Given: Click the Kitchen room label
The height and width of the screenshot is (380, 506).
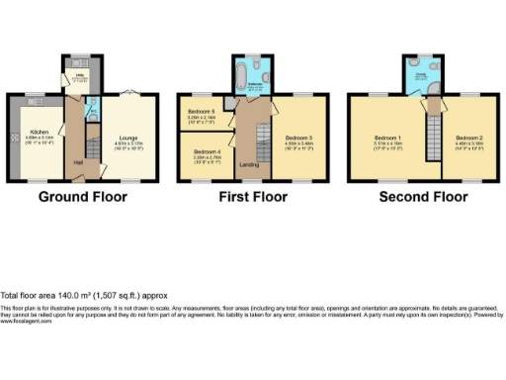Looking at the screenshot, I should click(x=40, y=133).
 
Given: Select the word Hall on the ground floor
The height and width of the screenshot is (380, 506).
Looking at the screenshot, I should click(x=77, y=162).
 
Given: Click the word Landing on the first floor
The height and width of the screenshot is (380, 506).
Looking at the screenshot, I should click(x=249, y=165).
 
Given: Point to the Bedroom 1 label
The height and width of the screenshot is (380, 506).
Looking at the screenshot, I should click(x=384, y=138).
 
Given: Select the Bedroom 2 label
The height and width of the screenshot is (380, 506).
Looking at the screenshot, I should click(x=468, y=138).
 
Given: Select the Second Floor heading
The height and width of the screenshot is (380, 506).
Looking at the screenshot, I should click(x=424, y=197).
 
